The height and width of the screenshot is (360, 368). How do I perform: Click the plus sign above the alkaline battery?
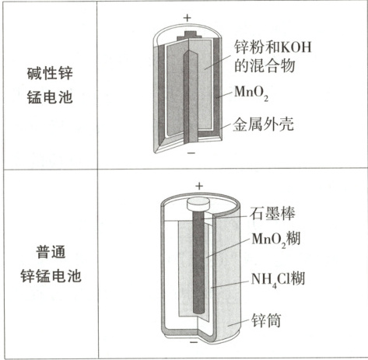click(x=187, y=18)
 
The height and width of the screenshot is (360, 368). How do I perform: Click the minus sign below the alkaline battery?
click(x=191, y=153)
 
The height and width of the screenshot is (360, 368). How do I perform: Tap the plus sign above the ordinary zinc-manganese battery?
click(x=199, y=186)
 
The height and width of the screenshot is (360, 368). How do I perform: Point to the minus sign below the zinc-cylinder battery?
click(x=194, y=342)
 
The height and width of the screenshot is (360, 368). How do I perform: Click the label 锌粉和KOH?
click(x=272, y=47)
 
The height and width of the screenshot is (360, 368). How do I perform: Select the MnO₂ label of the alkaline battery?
click(x=251, y=93)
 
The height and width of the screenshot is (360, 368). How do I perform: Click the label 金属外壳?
click(x=263, y=124)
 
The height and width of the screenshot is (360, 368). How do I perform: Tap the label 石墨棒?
click(x=272, y=214)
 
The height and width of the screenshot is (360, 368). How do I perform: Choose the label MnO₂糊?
click(x=276, y=239)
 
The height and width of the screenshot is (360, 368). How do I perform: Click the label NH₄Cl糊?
click(x=278, y=279)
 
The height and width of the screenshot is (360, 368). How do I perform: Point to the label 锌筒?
click(x=266, y=320)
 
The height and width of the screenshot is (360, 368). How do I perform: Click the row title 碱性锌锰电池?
click(x=50, y=86)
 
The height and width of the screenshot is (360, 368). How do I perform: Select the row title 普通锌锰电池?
click(x=51, y=264)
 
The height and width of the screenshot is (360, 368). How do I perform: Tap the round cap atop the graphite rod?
click(x=198, y=204)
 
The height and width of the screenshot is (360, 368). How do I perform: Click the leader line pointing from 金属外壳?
click(x=226, y=126)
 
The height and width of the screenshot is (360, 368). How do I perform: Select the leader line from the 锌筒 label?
click(x=238, y=322)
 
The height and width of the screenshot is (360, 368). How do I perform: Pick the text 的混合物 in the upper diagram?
click(x=265, y=65)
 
